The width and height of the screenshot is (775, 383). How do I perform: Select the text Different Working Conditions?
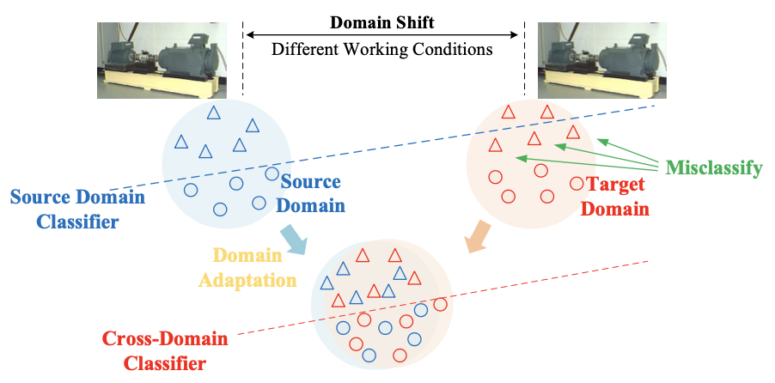(x=382, y=49)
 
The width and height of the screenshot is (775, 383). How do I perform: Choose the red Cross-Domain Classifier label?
(x=165, y=351)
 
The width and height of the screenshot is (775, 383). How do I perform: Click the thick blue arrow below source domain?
(x=294, y=240)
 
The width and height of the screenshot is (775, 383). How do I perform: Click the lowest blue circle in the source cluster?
(x=220, y=209)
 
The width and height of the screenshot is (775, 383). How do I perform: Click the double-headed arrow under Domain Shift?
(x=382, y=34)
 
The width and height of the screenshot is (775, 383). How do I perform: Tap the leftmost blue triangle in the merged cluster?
(x=326, y=283)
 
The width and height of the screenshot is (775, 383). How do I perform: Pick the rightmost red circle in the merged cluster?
(x=441, y=304)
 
